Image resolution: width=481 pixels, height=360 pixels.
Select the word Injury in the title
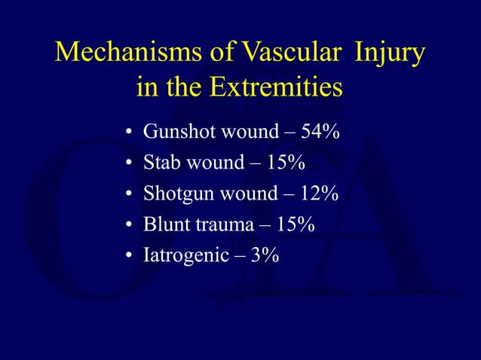point(388,54)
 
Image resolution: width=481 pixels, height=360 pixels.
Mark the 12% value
point(319,194)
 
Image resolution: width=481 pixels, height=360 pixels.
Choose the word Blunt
point(167,224)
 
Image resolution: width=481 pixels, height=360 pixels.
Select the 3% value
point(266,255)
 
